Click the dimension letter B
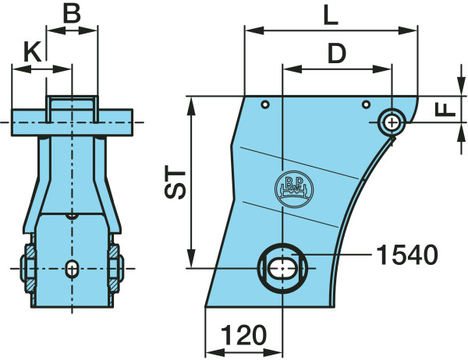[72, 14]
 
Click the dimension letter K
[32, 53]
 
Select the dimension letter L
[331, 16]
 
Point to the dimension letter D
[337, 54]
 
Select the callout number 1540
[407, 255]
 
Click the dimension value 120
[243, 335]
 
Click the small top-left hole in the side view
[265, 104]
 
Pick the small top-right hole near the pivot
[366, 104]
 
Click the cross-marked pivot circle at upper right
[392, 122]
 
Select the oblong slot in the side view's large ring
[282, 268]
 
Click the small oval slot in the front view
[72, 269]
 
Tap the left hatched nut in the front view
[28, 269]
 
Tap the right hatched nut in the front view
[115, 269]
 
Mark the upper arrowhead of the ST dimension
[191, 105]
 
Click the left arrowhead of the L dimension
[254, 30]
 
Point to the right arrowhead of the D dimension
[382, 69]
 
